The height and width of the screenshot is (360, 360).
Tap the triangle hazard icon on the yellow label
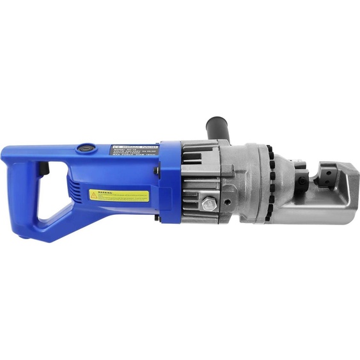pyautogui.click(x=94, y=194)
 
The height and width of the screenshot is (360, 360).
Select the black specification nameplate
pyautogui.click(x=135, y=155)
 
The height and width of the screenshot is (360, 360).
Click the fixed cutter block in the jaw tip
pyautogui.click(x=334, y=181)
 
